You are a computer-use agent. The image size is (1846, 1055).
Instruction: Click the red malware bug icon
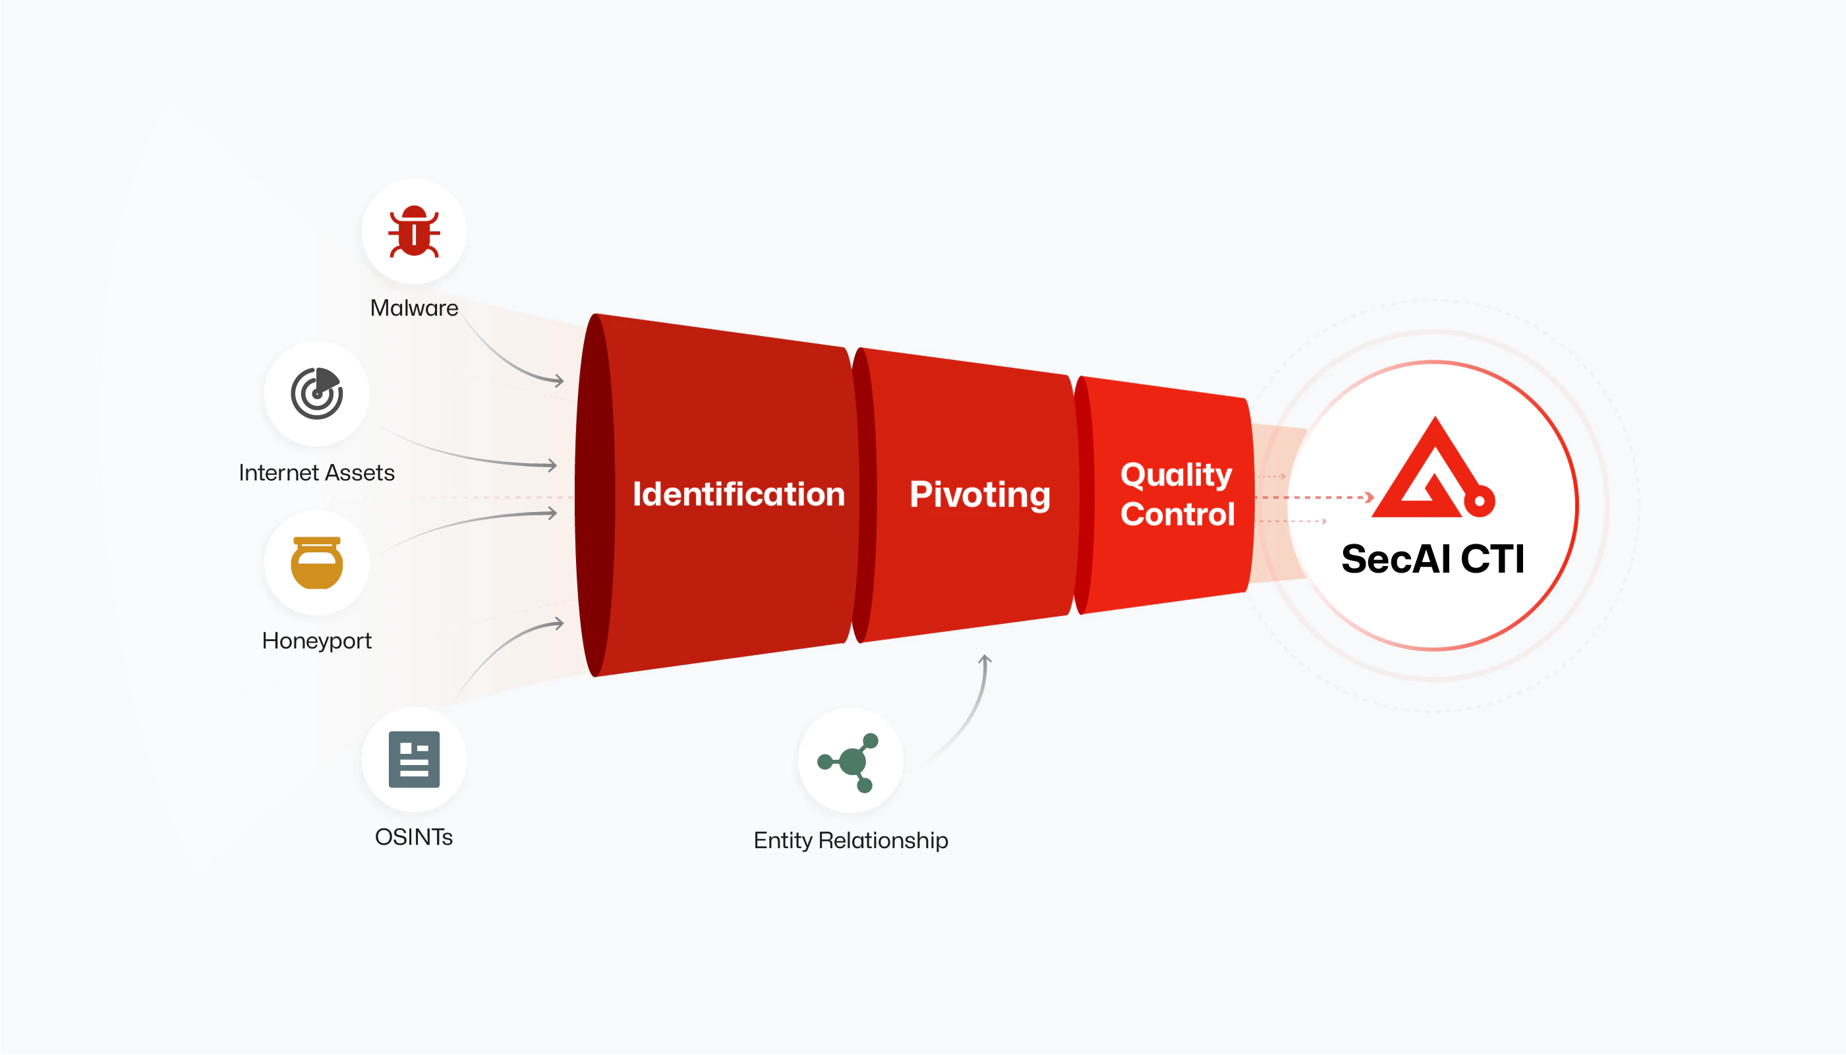coord(414,232)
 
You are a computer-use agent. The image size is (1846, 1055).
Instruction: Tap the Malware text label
coord(414,308)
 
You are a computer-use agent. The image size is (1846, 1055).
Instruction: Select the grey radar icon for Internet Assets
coord(316,393)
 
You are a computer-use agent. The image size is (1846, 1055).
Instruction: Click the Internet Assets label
coord(316,472)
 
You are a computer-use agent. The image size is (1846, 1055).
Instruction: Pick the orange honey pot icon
coord(316,563)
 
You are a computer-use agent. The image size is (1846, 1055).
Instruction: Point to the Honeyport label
coord(316,641)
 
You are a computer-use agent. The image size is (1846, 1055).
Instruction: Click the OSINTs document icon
coord(414,759)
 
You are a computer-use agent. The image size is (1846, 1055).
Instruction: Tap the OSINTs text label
coord(414,837)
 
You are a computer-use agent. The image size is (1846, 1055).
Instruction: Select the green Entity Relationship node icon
coord(848,762)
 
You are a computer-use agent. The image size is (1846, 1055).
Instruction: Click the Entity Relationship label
coord(851,841)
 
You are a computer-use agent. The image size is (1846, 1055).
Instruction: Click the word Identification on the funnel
coord(738,494)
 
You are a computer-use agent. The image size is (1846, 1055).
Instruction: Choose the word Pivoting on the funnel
coord(979,496)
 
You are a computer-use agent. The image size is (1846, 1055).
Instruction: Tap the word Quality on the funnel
coord(1176,476)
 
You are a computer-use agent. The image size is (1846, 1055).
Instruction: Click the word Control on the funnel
coord(1177,515)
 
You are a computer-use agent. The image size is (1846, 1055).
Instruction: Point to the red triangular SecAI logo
coord(1433,467)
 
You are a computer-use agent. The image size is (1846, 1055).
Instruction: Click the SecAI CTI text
coord(1433,559)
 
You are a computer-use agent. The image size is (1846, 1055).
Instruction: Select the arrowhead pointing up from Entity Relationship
coord(985,660)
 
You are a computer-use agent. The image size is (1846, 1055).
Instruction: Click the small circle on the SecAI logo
coord(1480,501)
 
